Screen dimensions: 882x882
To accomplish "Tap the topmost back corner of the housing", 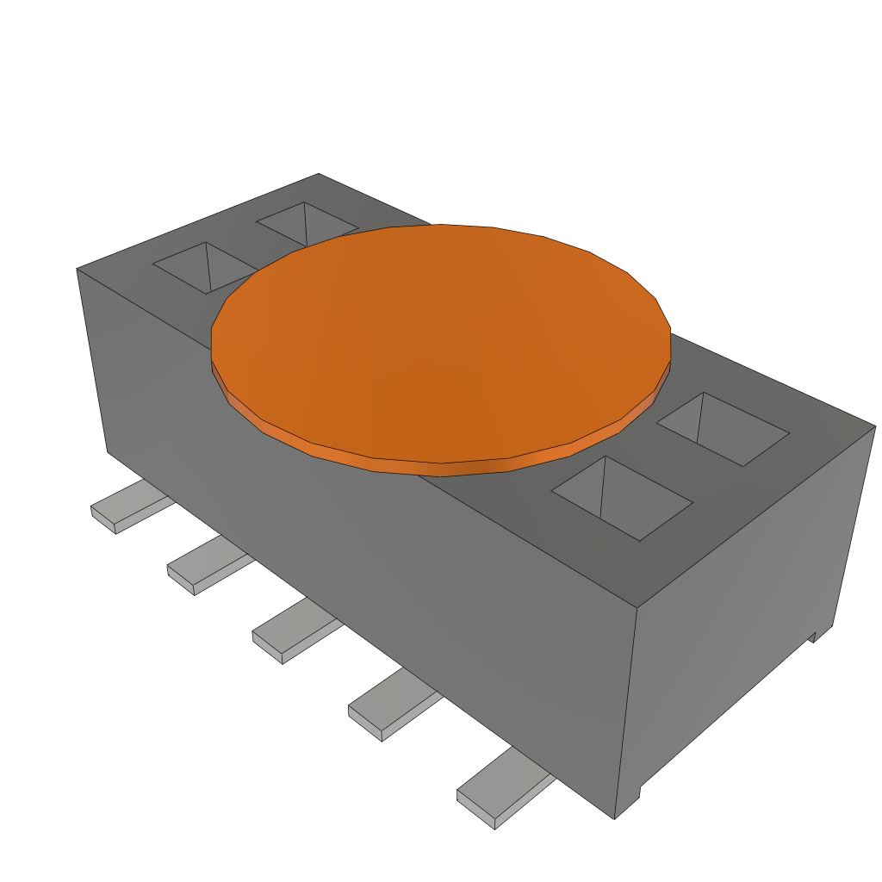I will click(319, 174).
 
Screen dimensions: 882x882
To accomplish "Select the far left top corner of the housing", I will click(78, 269).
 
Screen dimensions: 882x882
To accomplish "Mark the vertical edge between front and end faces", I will click(625, 715).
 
